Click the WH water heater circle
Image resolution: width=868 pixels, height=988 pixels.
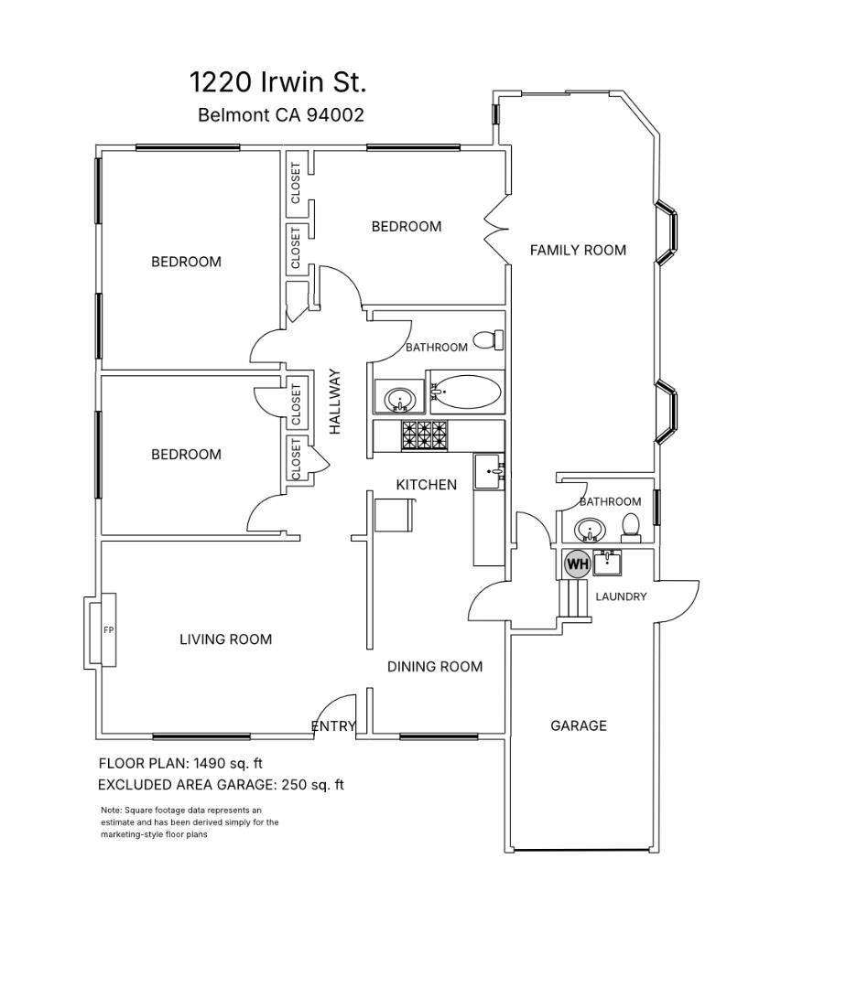tap(577, 564)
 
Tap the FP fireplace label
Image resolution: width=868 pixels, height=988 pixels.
tap(108, 629)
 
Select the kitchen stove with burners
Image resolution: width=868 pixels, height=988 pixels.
tap(426, 435)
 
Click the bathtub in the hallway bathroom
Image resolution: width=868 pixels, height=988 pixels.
tap(467, 392)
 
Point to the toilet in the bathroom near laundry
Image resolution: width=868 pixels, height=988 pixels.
tap(631, 526)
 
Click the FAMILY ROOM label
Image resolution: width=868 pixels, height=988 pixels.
tap(578, 250)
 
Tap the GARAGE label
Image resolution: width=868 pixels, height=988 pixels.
tap(578, 725)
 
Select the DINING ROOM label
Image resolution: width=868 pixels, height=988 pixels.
tap(434, 667)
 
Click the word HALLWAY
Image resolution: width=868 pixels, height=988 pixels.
tap(335, 402)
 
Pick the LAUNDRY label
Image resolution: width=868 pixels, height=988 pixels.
tap(621, 596)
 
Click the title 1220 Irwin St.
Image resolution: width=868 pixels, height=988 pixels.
tap(277, 82)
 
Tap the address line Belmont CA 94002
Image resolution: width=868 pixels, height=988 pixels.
tap(281, 115)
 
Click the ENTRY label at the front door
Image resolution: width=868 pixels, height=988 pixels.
tap(333, 726)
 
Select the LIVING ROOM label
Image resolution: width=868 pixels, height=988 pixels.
tap(225, 639)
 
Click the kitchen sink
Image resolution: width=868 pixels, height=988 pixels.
tap(488, 472)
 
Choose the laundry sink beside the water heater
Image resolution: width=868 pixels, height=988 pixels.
tap(607, 562)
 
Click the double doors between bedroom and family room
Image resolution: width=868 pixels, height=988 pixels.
tap(495, 229)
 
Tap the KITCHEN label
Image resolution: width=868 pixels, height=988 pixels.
tap(426, 485)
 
